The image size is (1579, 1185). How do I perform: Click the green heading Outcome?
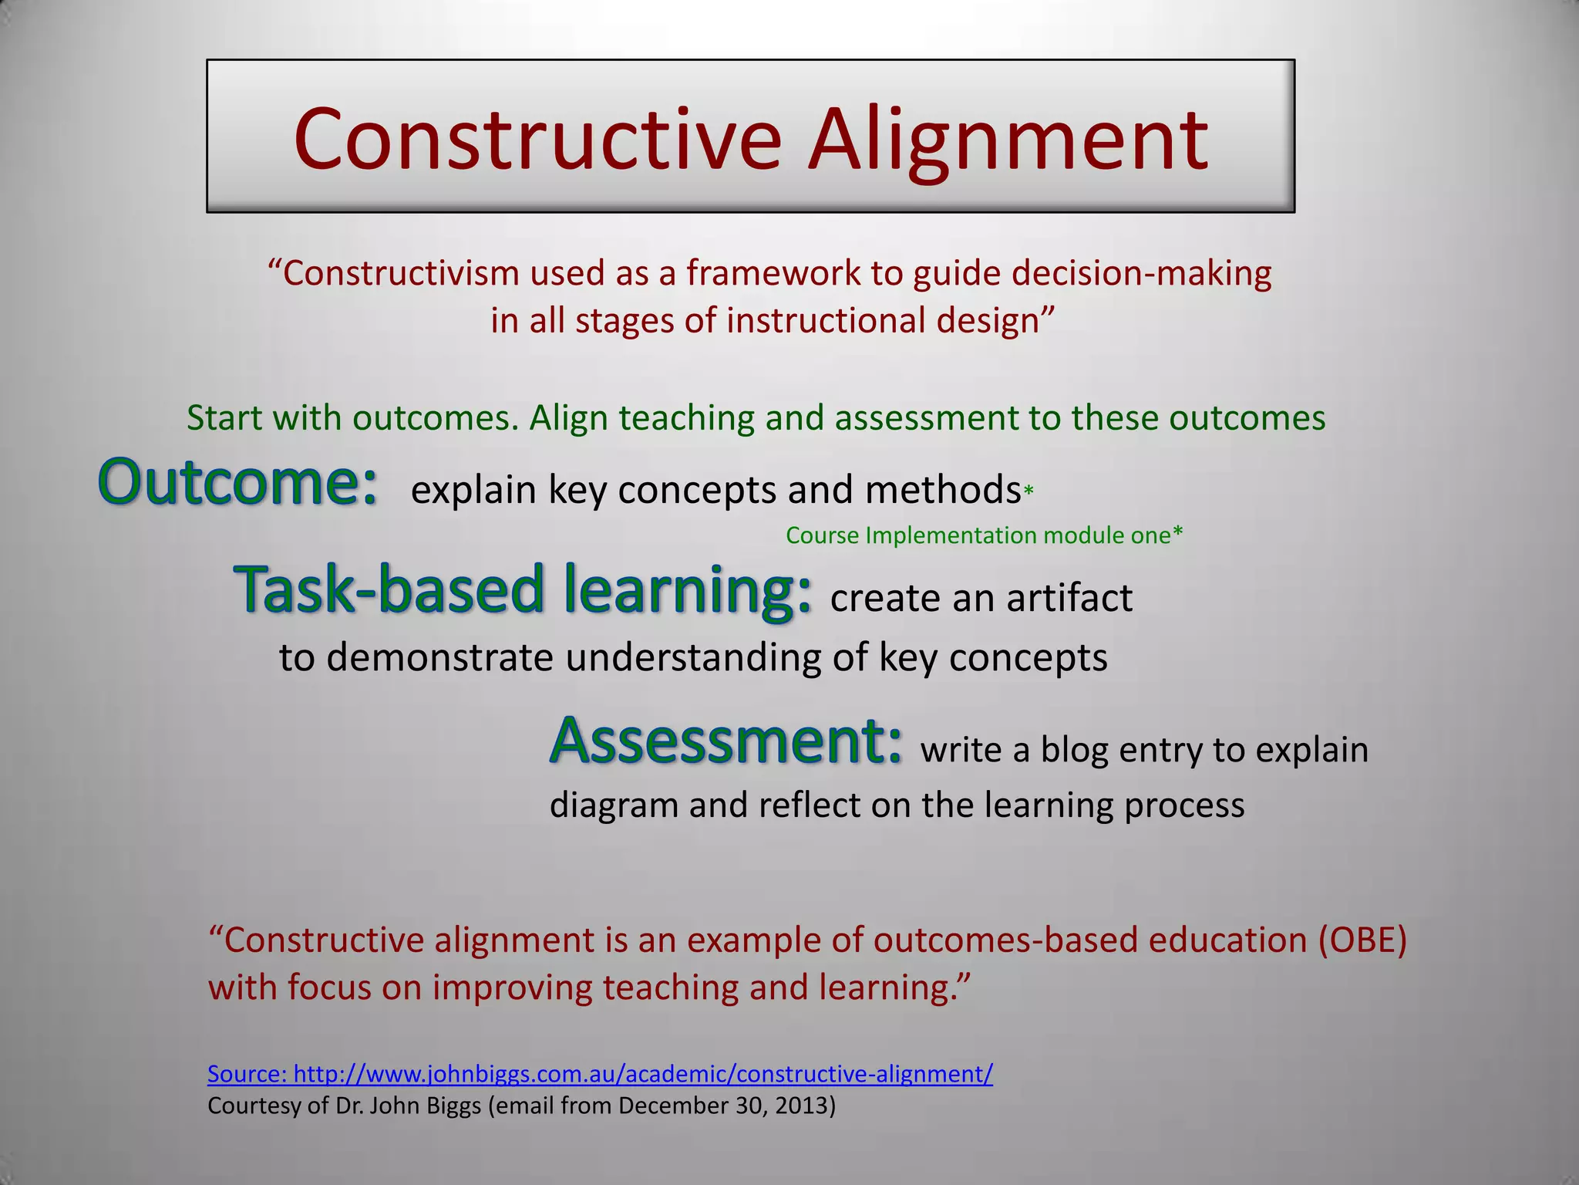[x=237, y=483]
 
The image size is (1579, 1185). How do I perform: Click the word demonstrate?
[x=439, y=658]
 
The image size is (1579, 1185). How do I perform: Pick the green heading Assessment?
[x=725, y=741]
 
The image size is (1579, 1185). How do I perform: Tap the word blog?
[x=1074, y=750]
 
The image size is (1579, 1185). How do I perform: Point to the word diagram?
[x=614, y=805]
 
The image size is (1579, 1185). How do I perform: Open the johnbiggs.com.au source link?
[x=600, y=1074]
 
